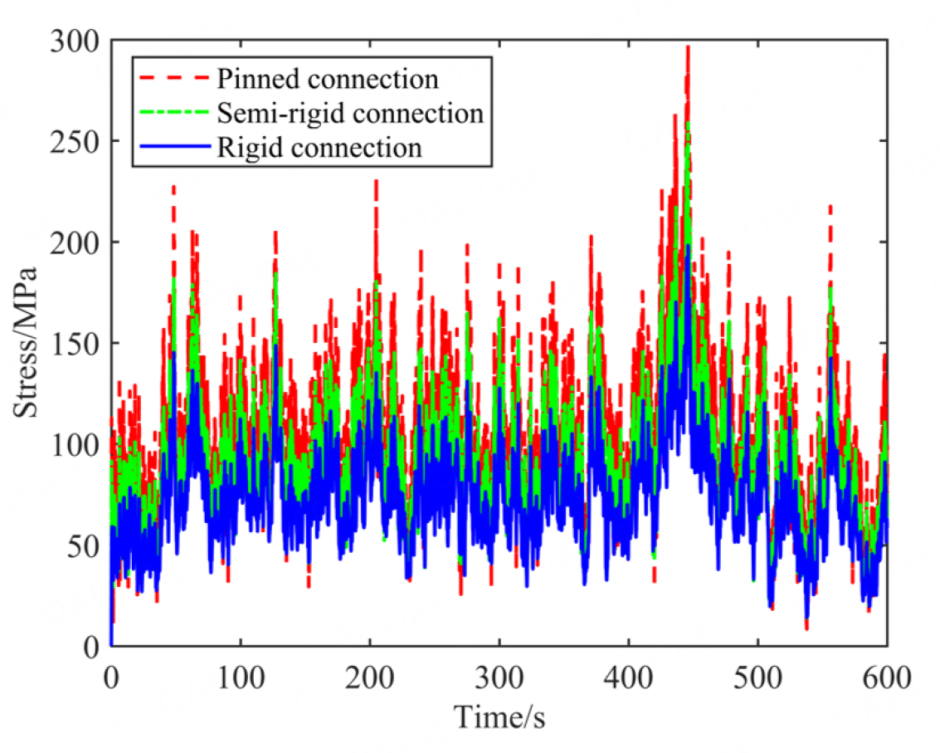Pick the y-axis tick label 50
coord(84,545)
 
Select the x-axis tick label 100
coord(241,674)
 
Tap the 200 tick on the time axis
coord(370,674)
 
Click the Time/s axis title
coord(499,713)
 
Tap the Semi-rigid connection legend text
coord(349,113)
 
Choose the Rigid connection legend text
coord(319,148)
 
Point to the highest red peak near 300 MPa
coord(688,48)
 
